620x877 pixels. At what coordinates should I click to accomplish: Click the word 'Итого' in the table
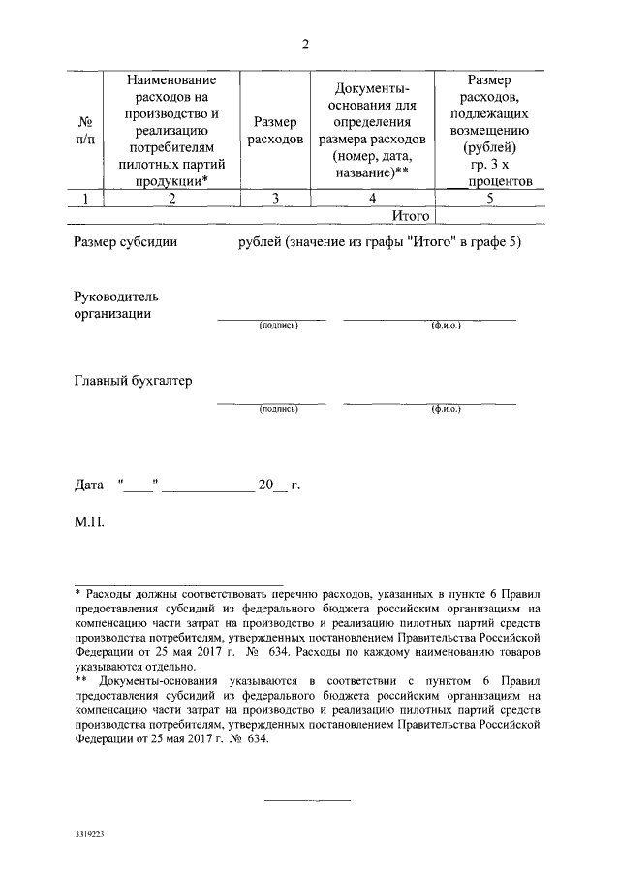pos(410,215)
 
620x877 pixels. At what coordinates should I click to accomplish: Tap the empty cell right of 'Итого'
pos(490,215)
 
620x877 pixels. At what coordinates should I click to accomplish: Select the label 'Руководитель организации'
pos(116,304)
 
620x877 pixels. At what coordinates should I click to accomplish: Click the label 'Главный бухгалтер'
pos(133,380)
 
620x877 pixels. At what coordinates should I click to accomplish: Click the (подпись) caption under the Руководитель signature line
pos(278,326)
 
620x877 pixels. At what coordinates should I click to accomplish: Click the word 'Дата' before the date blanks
pos(90,484)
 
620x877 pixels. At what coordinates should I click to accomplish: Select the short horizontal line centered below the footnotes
pos(308,800)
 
